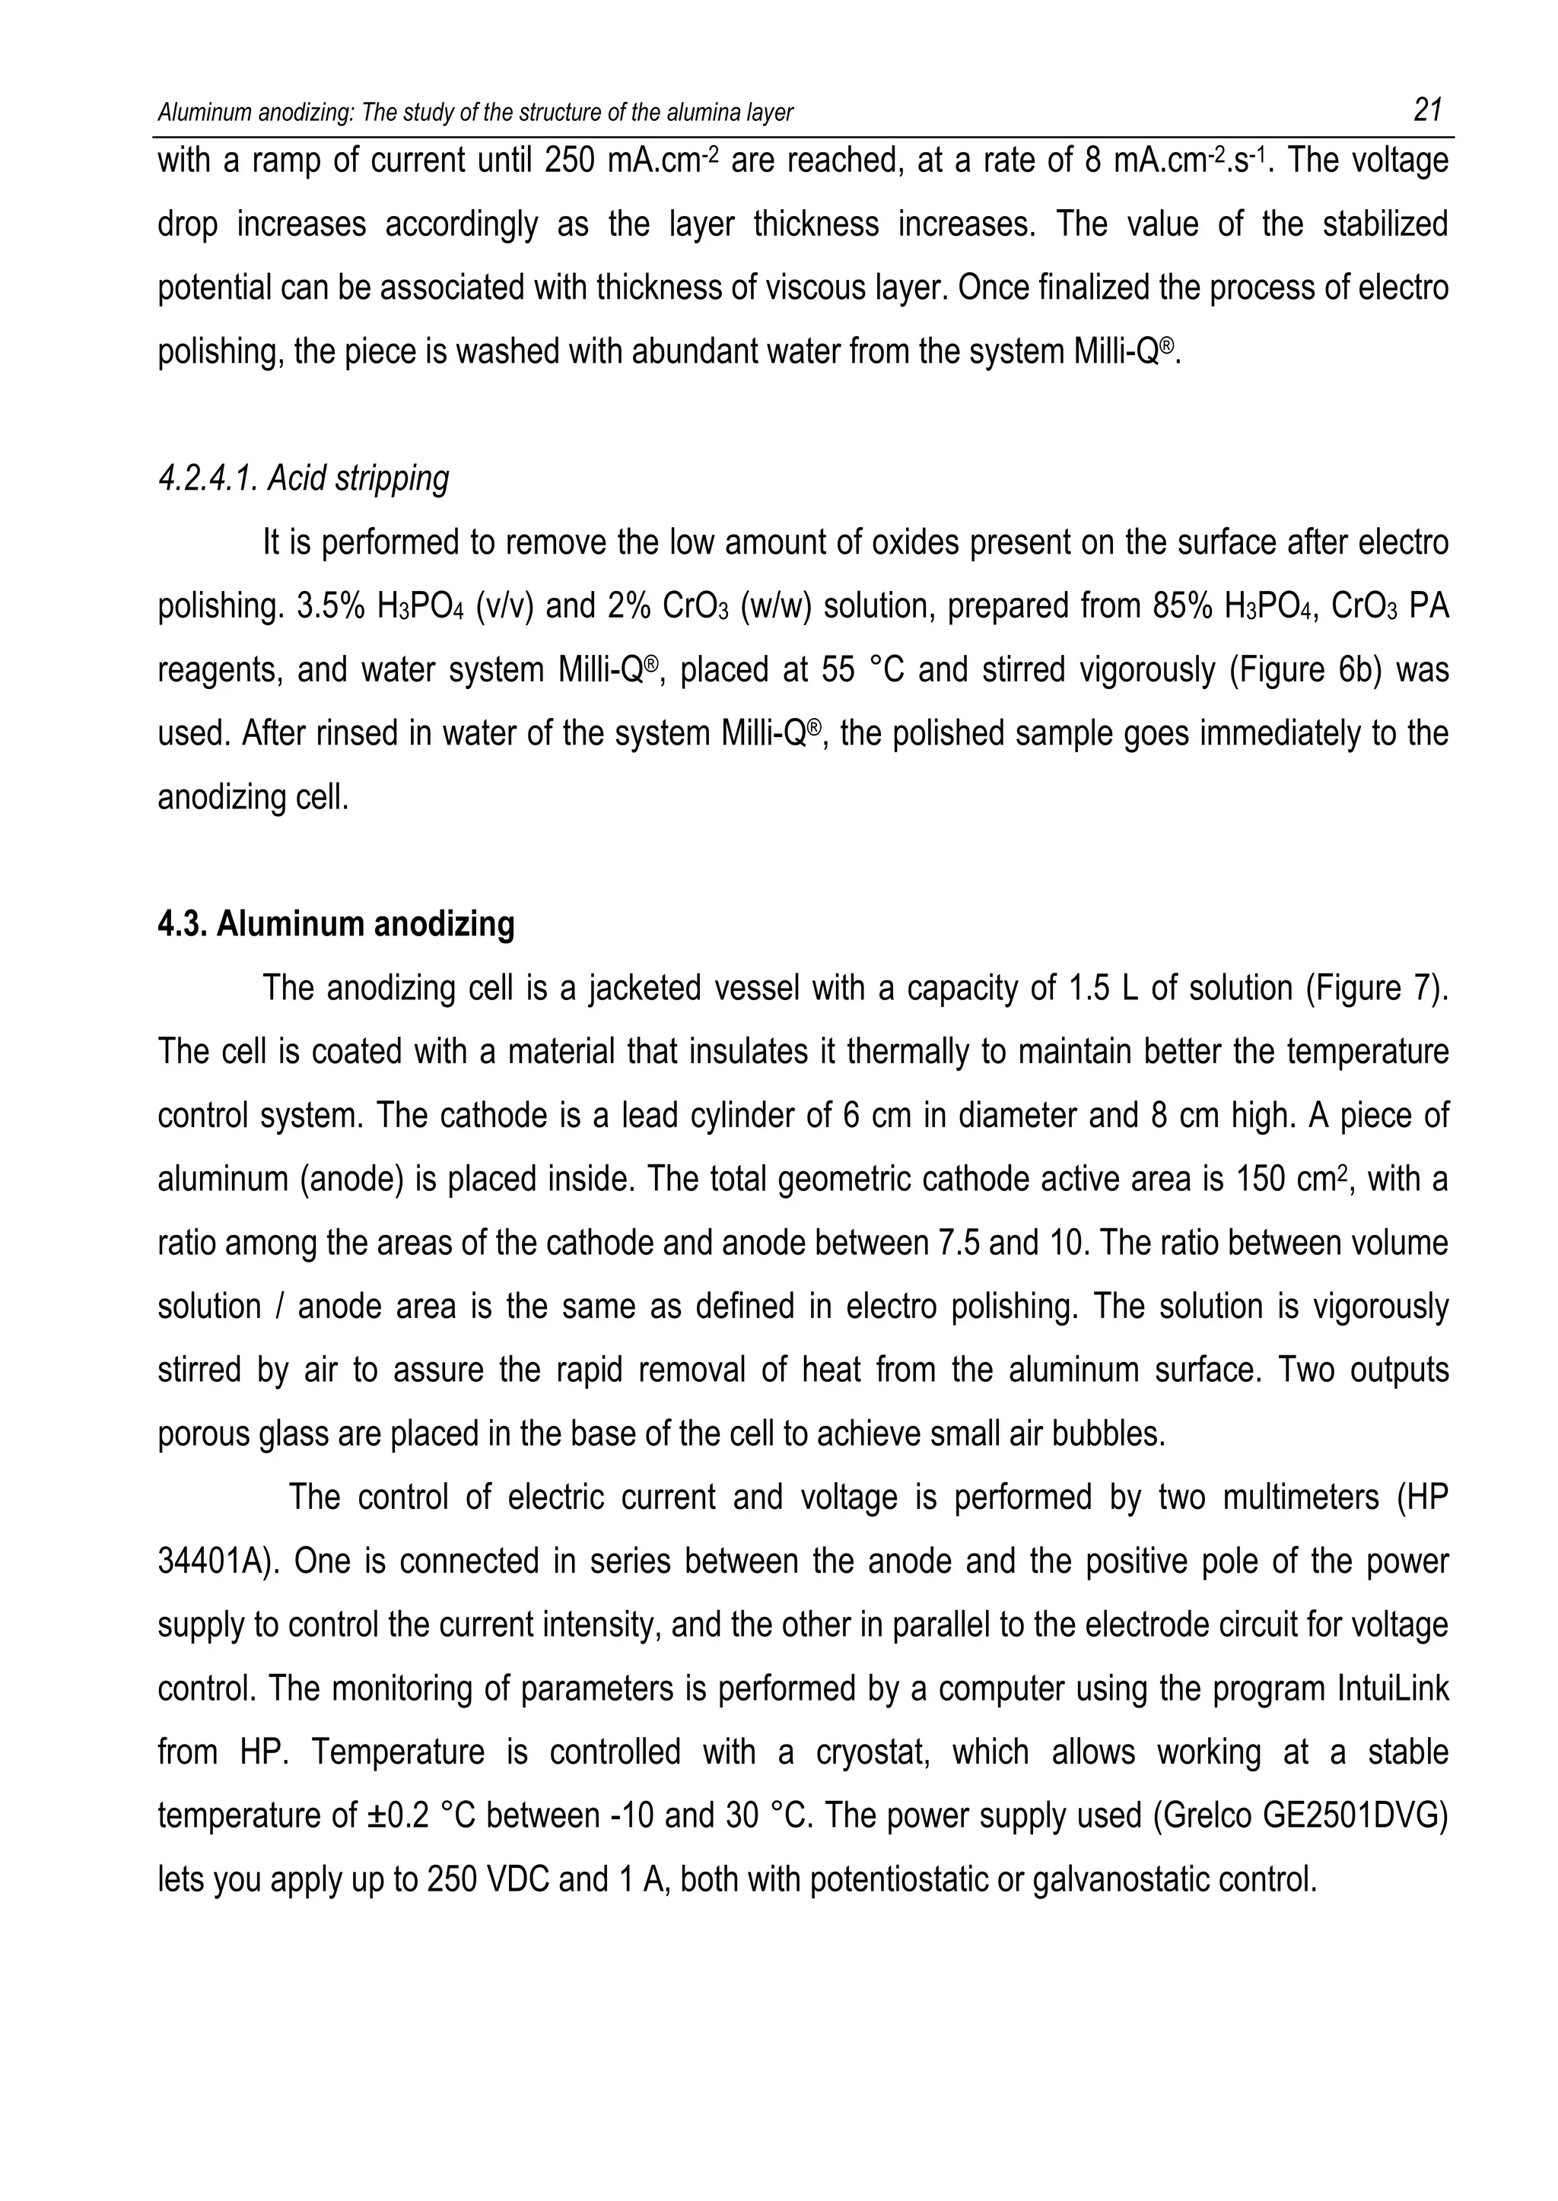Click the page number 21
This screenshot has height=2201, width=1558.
pos(1427,111)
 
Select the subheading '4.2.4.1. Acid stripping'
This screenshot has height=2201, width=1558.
pos(304,478)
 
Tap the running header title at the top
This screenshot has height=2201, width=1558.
pos(475,113)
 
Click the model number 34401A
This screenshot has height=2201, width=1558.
pos(217,1561)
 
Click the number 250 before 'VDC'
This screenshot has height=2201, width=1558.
pos(452,1880)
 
